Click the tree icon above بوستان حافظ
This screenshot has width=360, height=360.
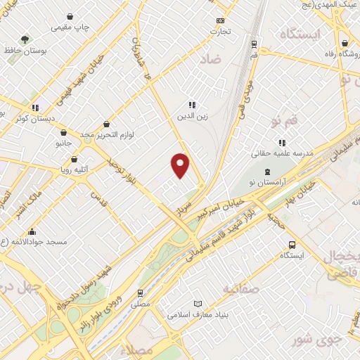[x=26, y=39]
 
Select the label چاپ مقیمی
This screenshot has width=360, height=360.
[x=72, y=27]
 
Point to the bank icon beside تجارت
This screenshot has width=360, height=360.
[x=220, y=21]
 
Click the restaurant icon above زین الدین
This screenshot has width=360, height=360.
[x=191, y=105]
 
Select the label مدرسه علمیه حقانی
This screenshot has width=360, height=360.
[x=283, y=153]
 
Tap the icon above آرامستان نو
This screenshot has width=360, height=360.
[x=266, y=172]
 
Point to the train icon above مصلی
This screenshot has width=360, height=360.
[x=140, y=292]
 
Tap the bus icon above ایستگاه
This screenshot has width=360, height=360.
[x=292, y=245]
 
